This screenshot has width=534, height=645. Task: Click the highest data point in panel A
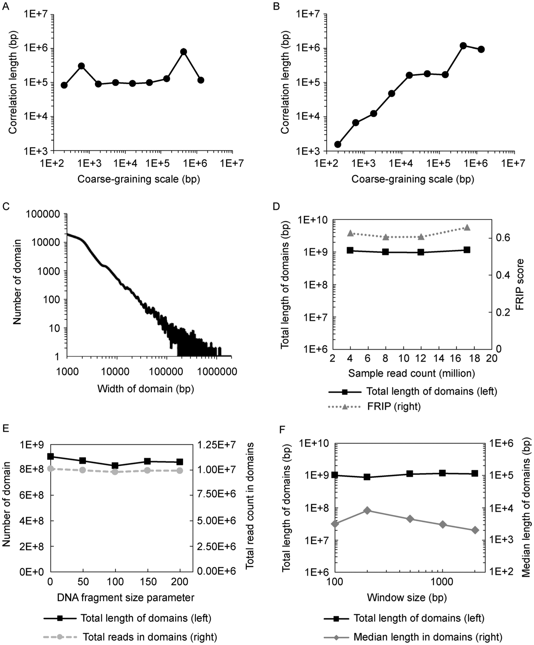point(184,52)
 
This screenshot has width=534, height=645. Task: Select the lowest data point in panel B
point(337,144)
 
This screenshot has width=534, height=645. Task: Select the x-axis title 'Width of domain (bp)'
point(145,388)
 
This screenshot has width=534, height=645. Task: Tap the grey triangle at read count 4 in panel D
point(351,233)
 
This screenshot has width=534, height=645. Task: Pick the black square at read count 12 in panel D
point(421,252)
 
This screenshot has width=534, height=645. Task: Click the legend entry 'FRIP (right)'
point(394,406)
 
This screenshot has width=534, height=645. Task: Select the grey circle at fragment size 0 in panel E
point(50,468)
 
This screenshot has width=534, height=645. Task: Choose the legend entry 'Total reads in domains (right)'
point(150,637)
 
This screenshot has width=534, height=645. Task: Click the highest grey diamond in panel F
point(367,511)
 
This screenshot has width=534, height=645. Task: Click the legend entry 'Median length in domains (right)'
point(428,637)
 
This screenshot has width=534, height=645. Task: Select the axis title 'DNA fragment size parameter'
point(126,597)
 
